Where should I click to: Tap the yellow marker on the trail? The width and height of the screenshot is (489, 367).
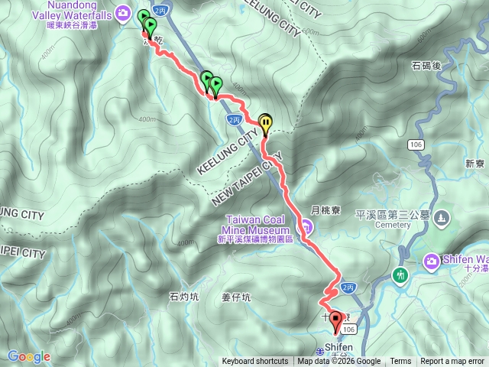tap(265, 122)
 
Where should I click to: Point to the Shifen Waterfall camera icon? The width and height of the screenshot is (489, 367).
tap(432, 261)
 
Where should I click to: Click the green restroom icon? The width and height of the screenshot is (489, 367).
tap(400, 274)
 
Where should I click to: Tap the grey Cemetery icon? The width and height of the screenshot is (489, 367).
tap(440, 219)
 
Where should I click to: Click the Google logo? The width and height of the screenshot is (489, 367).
tap(28, 356)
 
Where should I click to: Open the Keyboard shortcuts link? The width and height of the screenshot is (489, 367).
tap(255, 362)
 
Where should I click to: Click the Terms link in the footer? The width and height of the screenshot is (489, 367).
tap(400, 362)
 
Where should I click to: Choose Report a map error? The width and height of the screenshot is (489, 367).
tap(452, 362)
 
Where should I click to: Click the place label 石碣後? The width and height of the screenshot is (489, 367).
tap(426, 65)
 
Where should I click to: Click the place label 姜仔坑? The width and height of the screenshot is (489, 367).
tap(235, 297)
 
